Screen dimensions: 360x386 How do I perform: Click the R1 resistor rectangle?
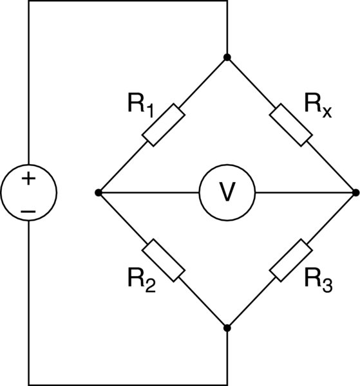[x=164, y=125]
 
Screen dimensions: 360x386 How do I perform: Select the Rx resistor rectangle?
[x=291, y=125]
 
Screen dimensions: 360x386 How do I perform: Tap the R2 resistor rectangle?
[x=164, y=260]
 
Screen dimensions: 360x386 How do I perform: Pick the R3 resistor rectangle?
[x=291, y=260]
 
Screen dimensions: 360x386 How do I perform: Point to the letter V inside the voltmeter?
[x=227, y=192]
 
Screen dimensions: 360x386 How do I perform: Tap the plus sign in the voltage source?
[x=28, y=178]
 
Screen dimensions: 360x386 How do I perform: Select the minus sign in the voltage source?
[x=28, y=211]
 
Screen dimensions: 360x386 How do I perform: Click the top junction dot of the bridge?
[x=227, y=57]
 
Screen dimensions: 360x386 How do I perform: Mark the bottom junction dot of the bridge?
[x=227, y=328]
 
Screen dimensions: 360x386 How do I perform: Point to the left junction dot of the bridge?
[x=99, y=193]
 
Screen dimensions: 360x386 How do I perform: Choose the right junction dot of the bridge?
[x=356, y=192]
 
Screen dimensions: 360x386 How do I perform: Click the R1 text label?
[x=141, y=105]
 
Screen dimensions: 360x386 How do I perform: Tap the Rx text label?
[x=318, y=105]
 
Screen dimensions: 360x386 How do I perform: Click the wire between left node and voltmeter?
[x=149, y=193]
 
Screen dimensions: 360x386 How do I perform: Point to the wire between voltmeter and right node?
[x=306, y=192]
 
